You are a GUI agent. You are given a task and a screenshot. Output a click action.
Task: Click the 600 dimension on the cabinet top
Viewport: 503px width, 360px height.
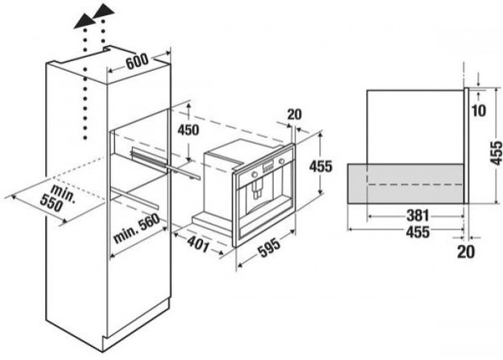tap(138, 61)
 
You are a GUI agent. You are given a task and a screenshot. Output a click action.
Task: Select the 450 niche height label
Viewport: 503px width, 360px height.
tap(188, 130)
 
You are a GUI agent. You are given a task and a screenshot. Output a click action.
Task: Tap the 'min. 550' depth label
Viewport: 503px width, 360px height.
tap(57, 198)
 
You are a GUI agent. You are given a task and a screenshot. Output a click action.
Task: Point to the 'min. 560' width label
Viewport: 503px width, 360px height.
tap(137, 229)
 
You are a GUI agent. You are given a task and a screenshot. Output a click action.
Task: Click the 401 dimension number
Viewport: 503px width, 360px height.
tap(198, 243)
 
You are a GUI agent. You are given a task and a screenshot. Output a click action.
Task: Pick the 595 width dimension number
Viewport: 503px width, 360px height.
tap(270, 247)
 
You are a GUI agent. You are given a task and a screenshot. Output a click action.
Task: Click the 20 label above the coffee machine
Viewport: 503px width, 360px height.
tap(295, 114)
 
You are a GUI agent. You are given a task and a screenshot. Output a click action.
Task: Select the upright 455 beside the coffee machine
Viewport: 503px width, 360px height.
tap(321, 167)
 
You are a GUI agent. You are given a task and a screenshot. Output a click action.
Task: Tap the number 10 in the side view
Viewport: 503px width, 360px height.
tap(479, 111)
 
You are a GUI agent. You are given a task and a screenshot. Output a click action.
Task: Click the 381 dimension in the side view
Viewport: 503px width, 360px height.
tap(418, 216)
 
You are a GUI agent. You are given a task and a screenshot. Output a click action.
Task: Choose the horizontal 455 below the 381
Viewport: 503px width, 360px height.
tap(418, 232)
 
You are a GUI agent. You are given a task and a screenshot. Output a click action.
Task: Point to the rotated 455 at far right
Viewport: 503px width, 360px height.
tap(497, 153)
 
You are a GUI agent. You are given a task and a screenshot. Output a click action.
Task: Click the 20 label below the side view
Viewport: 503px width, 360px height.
tap(466, 252)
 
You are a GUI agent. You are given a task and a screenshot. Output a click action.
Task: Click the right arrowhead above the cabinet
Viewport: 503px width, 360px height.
tap(104, 11)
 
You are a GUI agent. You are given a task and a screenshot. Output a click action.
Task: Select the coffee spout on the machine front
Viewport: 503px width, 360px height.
tap(258, 189)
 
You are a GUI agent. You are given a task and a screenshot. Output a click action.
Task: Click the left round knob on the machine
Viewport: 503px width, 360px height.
tap(254, 175)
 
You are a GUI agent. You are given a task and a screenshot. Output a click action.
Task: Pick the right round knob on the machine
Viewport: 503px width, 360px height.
tap(282, 161)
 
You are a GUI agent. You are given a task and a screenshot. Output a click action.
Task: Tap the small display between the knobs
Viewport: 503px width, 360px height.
tap(268, 167)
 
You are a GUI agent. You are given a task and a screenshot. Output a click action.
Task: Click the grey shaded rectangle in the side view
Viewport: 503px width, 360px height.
tap(406, 184)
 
